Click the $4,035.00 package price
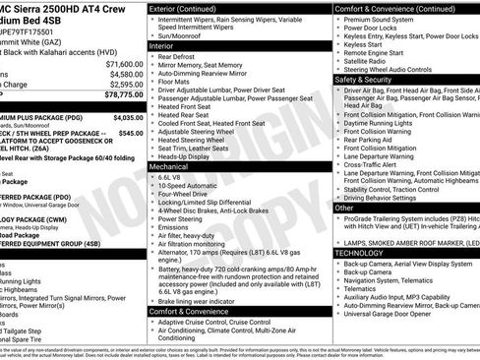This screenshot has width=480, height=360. [x=124, y=115]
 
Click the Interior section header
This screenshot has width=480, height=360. [x=161, y=45]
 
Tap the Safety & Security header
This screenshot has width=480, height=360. [x=365, y=79]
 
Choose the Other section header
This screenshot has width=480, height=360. [x=345, y=208]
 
